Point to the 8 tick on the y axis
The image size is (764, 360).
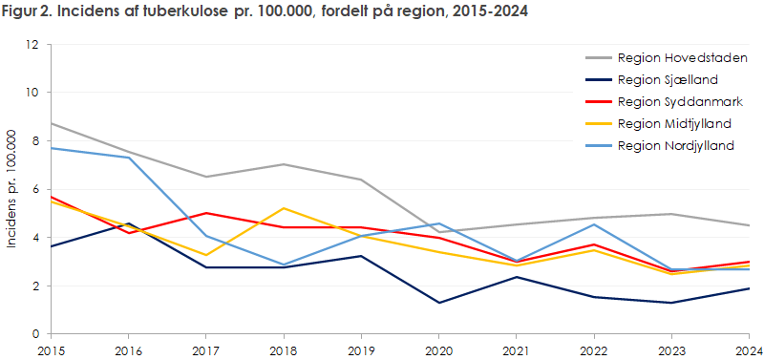pos(35,141)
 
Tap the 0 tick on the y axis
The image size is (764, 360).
pos(35,334)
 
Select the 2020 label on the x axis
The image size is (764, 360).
pos(438,349)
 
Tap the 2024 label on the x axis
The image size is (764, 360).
pos(749,349)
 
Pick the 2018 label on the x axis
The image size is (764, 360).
pos(283,349)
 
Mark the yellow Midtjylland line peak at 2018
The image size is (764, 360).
pos(283,208)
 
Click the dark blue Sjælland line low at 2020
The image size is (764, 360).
pos(438,303)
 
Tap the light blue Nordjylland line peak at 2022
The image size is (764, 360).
pos(594,224)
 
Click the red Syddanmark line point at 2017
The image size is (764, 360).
pos(205,213)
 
